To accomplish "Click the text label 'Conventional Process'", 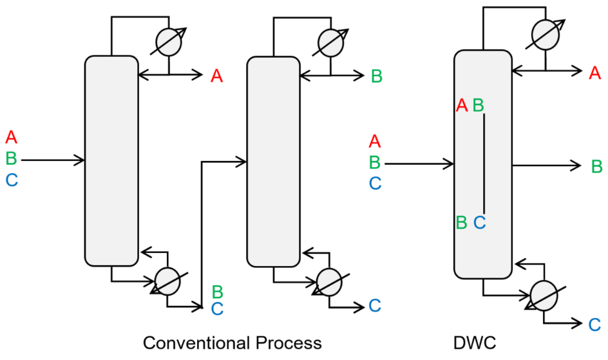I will click(232, 342).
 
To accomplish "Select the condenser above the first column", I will click(169, 42).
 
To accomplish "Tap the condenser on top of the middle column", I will click(330, 42).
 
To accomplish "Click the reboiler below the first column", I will click(169, 281).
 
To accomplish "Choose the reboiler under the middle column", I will click(330, 281).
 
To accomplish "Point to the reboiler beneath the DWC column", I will click(545, 296).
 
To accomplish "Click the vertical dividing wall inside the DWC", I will click(485, 164).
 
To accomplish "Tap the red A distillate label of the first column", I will click(217, 77).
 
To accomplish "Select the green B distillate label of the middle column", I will click(377, 77).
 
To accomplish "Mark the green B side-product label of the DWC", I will click(597, 166).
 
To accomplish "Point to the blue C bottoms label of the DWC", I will click(594, 325).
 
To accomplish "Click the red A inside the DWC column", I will click(461, 105).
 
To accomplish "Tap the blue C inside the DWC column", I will click(479, 223).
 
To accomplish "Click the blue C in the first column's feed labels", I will click(12, 180).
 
